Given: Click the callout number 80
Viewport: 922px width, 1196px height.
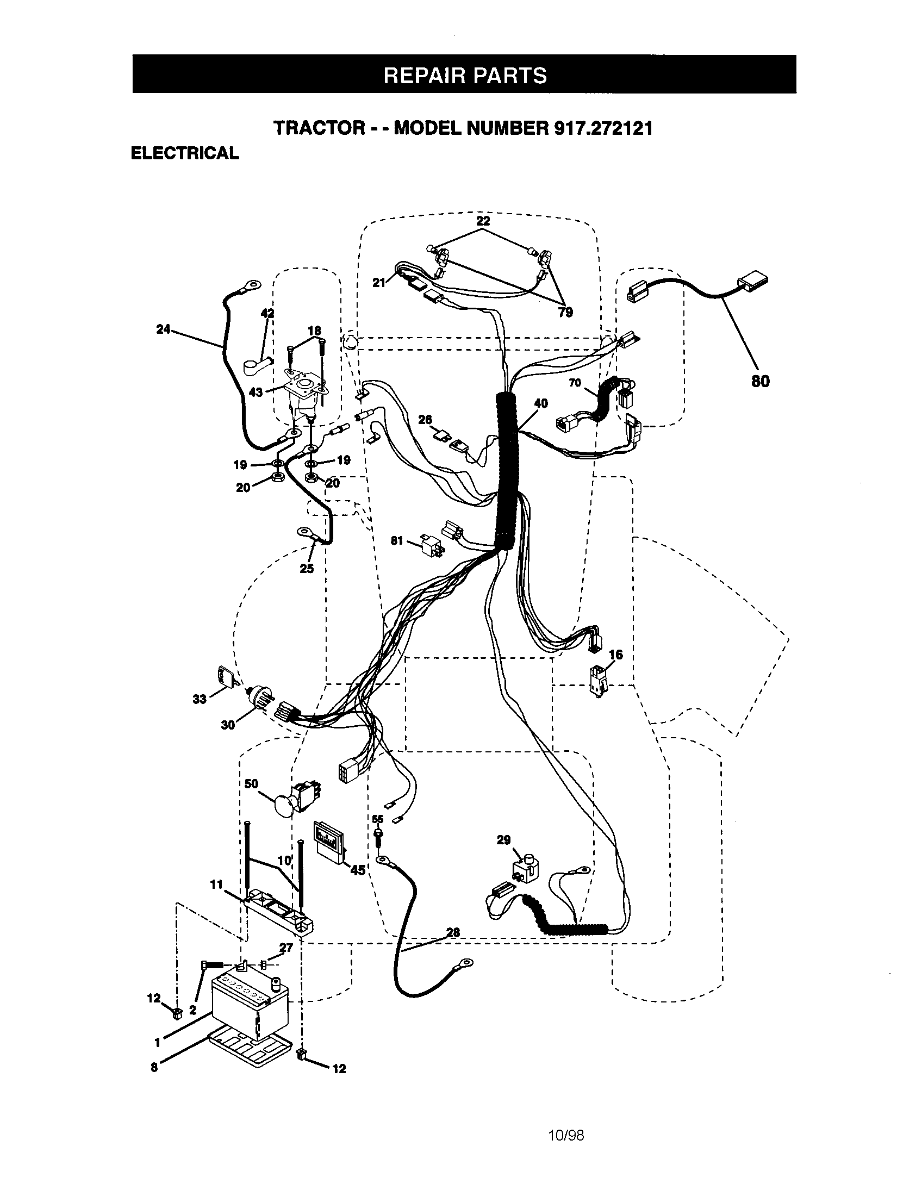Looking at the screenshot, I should click(x=761, y=381).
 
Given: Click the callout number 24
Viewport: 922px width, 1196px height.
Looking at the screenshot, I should click(x=163, y=329).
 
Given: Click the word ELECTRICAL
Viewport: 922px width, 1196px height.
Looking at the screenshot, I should click(x=184, y=153).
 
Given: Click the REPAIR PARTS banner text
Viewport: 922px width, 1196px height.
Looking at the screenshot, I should click(x=464, y=75).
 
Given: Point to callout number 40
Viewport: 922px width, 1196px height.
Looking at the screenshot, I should click(x=541, y=403).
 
